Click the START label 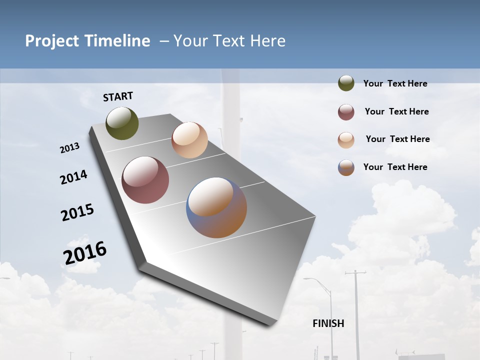pyautogui.click(x=118, y=96)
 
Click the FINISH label pyautogui.click(x=328, y=323)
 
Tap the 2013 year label pyautogui.click(x=70, y=148)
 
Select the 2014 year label pyautogui.click(x=74, y=177)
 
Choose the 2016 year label pyautogui.click(x=85, y=253)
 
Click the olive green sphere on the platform pyautogui.click(x=122, y=123)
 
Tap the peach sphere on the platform pyautogui.click(x=189, y=140)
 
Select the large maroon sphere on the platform pyautogui.click(x=145, y=180)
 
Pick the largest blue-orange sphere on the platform pyautogui.click(x=216, y=207)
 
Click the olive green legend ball pyautogui.click(x=346, y=83)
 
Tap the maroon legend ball pyautogui.click(x=346, y=112)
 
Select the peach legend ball pyautogui.click(x=346, y=140)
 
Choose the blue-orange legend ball pyautogui.click(x=346, y=167)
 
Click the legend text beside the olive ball pyautogui.click(x=395, y=84)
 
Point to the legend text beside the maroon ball pyautogui.click(x=396, y=112)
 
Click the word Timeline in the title pyautogui.click(x=117, y=41)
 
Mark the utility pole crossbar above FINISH pyautogui.click(x=355, y=273)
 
